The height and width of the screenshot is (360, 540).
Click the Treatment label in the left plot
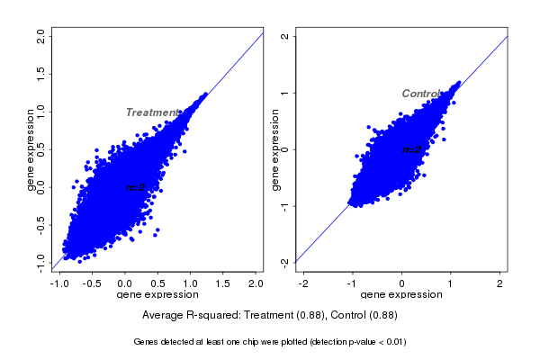pos(152,112)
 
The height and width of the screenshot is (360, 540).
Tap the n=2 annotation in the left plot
pos(135,187)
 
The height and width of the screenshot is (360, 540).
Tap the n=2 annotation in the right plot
pos(411,149)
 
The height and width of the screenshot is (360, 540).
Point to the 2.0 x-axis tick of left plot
pos(256,283)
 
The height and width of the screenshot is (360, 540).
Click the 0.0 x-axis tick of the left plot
pos(125,283)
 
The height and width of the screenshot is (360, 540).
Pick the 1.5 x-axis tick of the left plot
pos(223,283)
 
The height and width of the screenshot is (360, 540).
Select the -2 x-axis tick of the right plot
pos(303,283)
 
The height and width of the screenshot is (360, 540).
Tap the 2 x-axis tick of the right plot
pos(500,283)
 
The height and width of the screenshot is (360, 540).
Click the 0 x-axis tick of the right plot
pos(402,283)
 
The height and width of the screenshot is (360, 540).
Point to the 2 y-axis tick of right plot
pos(284,37)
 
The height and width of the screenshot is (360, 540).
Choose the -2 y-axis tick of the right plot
pos(284,263)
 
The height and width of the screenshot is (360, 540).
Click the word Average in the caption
pos(164,315)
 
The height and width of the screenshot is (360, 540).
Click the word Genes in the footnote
pos(146,342)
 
